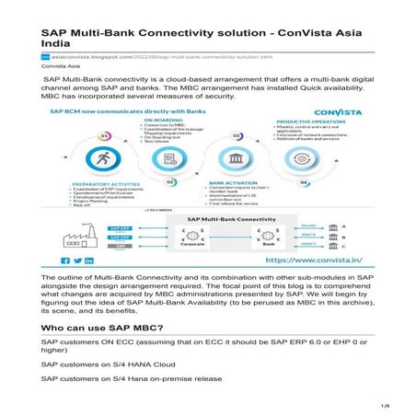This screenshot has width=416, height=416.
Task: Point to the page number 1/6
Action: tap(386, 403)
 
